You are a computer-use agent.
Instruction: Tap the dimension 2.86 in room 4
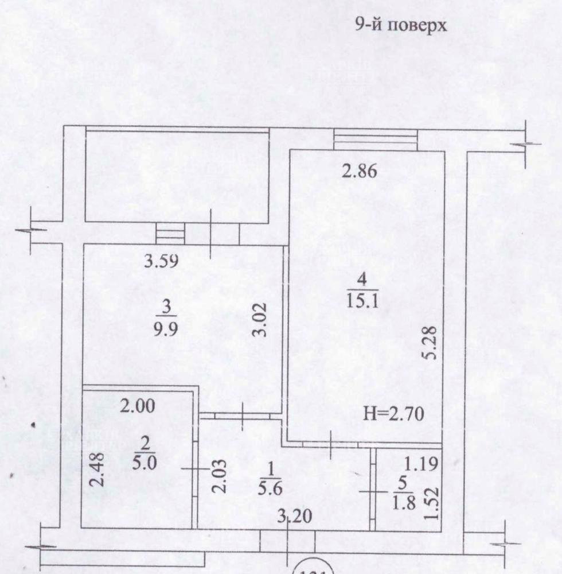360,172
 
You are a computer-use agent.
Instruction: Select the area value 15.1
362,301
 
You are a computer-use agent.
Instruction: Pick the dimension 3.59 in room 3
162,262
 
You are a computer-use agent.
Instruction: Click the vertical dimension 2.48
99,470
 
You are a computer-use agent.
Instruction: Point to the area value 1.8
403,500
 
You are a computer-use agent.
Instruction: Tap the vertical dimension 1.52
432,503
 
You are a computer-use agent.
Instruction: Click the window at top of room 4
375,139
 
